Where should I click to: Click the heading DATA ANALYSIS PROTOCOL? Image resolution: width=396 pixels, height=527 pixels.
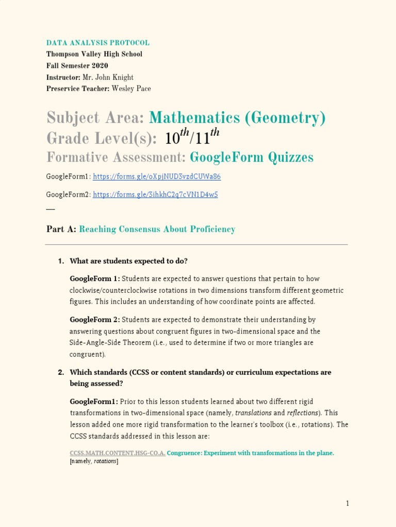[98, 43]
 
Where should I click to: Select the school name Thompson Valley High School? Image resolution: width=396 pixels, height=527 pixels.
[94, 54]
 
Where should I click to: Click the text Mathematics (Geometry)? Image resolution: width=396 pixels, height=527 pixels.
[237, 118]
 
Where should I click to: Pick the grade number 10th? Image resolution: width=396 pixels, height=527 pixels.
[176, 137]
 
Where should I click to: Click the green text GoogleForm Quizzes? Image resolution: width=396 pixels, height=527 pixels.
[252, 157]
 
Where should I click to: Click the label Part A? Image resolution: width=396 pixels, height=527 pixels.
[61, 230]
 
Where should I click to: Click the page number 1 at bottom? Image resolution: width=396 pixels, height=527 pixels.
[348, 503]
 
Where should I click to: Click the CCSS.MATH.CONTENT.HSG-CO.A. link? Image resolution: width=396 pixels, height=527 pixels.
[118, 453]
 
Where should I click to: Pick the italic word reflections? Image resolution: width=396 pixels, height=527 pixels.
[303, 413]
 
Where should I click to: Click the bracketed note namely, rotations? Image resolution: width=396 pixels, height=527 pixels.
[94, 462]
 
